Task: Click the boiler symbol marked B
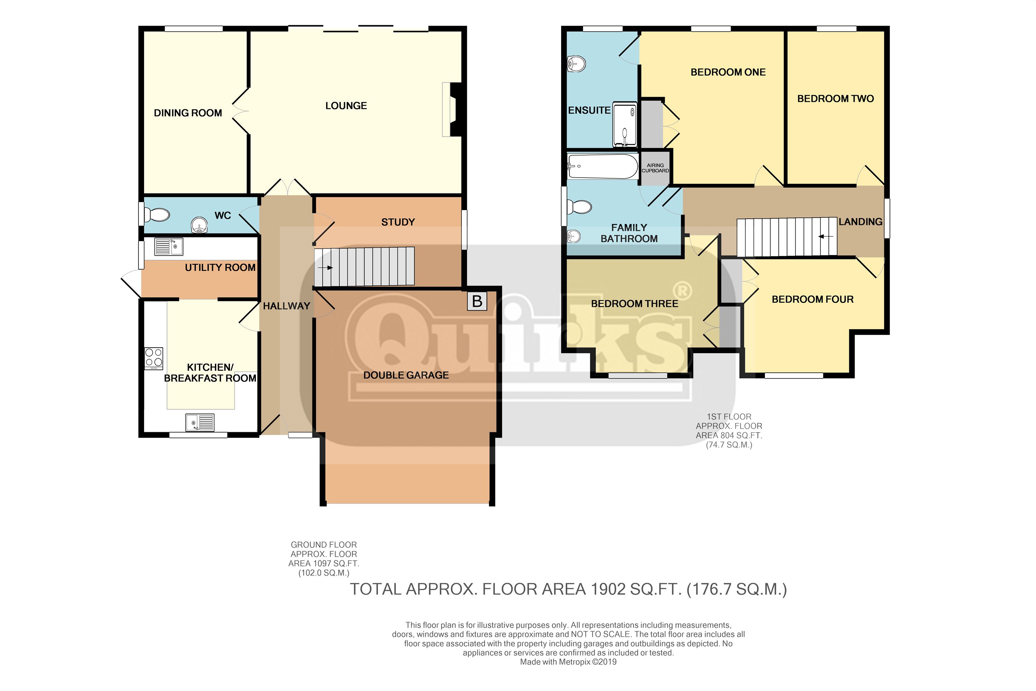click(x=477, y=301)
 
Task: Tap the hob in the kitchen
click(x=154, y=358)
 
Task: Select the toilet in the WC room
click(x=156, y=215)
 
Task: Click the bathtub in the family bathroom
click(x=603, y=166)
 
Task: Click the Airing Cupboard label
click(x=655, y=168)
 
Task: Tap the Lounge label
click(x=346, y=106)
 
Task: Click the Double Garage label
click(x=406, y=375)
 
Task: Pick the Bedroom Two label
click(x=836, y=99)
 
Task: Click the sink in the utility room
click(x=169, y=246)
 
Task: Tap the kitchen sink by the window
click(x=200, y=422)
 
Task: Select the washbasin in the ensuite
click(x=576, y=64)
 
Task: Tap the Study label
click(x=398, y=222)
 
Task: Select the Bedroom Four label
click(x=813, y=300)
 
